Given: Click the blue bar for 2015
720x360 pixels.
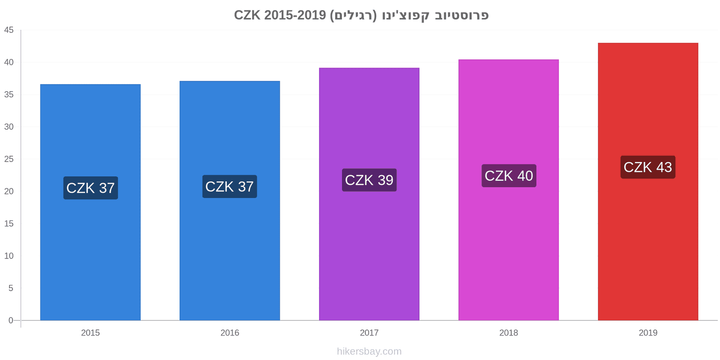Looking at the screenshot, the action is pyautogui.click(x=90, y=202).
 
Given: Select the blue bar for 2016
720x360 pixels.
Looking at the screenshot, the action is pyautogui.click(x=230, y=201).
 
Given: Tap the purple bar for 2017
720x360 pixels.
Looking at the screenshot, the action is pyautogui.click(x=369, y=194).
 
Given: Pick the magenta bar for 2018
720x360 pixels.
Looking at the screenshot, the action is pyautogui.click(x=509, y=190).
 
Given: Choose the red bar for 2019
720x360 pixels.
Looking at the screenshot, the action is pyautogui.click(x=648, y=182).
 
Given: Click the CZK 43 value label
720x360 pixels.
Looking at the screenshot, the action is pyautogui.click(x=648, y=167).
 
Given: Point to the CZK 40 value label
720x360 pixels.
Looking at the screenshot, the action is pyautogui.click(x=509, y=176).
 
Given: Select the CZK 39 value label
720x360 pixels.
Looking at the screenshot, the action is pyautogui.click(x=369, y=180).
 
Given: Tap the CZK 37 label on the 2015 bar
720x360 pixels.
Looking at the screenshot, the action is pyautogui.click(x=90, y=188).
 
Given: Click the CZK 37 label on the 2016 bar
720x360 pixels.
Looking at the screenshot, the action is pyautogui.click(x=230, y=186).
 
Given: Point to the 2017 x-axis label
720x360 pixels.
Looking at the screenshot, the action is pyautogui.click(x=369, y=333).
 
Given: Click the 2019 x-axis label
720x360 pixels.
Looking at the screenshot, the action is pyautogui.click(x=648, y=333).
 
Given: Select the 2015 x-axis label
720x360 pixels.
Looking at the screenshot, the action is pyautogui.click(x=90, y=333).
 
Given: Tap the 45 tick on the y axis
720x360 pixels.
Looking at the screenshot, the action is pyautogui.click(x=9, y=30).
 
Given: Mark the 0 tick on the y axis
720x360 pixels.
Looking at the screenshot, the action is pyautogui.click(x=11, y=320).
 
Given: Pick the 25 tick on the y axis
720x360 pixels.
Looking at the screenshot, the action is pyautogui.click(x=9, y=159).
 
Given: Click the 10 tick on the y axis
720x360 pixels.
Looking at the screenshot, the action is pyautogui.click(x=9, y=256).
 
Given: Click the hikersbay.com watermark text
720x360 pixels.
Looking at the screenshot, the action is pyautogui.click(x=369, y=351).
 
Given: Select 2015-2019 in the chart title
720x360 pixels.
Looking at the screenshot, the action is pyautogui.click(x=295, y=15).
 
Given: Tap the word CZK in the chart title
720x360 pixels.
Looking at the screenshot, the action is pyautogui.click(x=247, y=15).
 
